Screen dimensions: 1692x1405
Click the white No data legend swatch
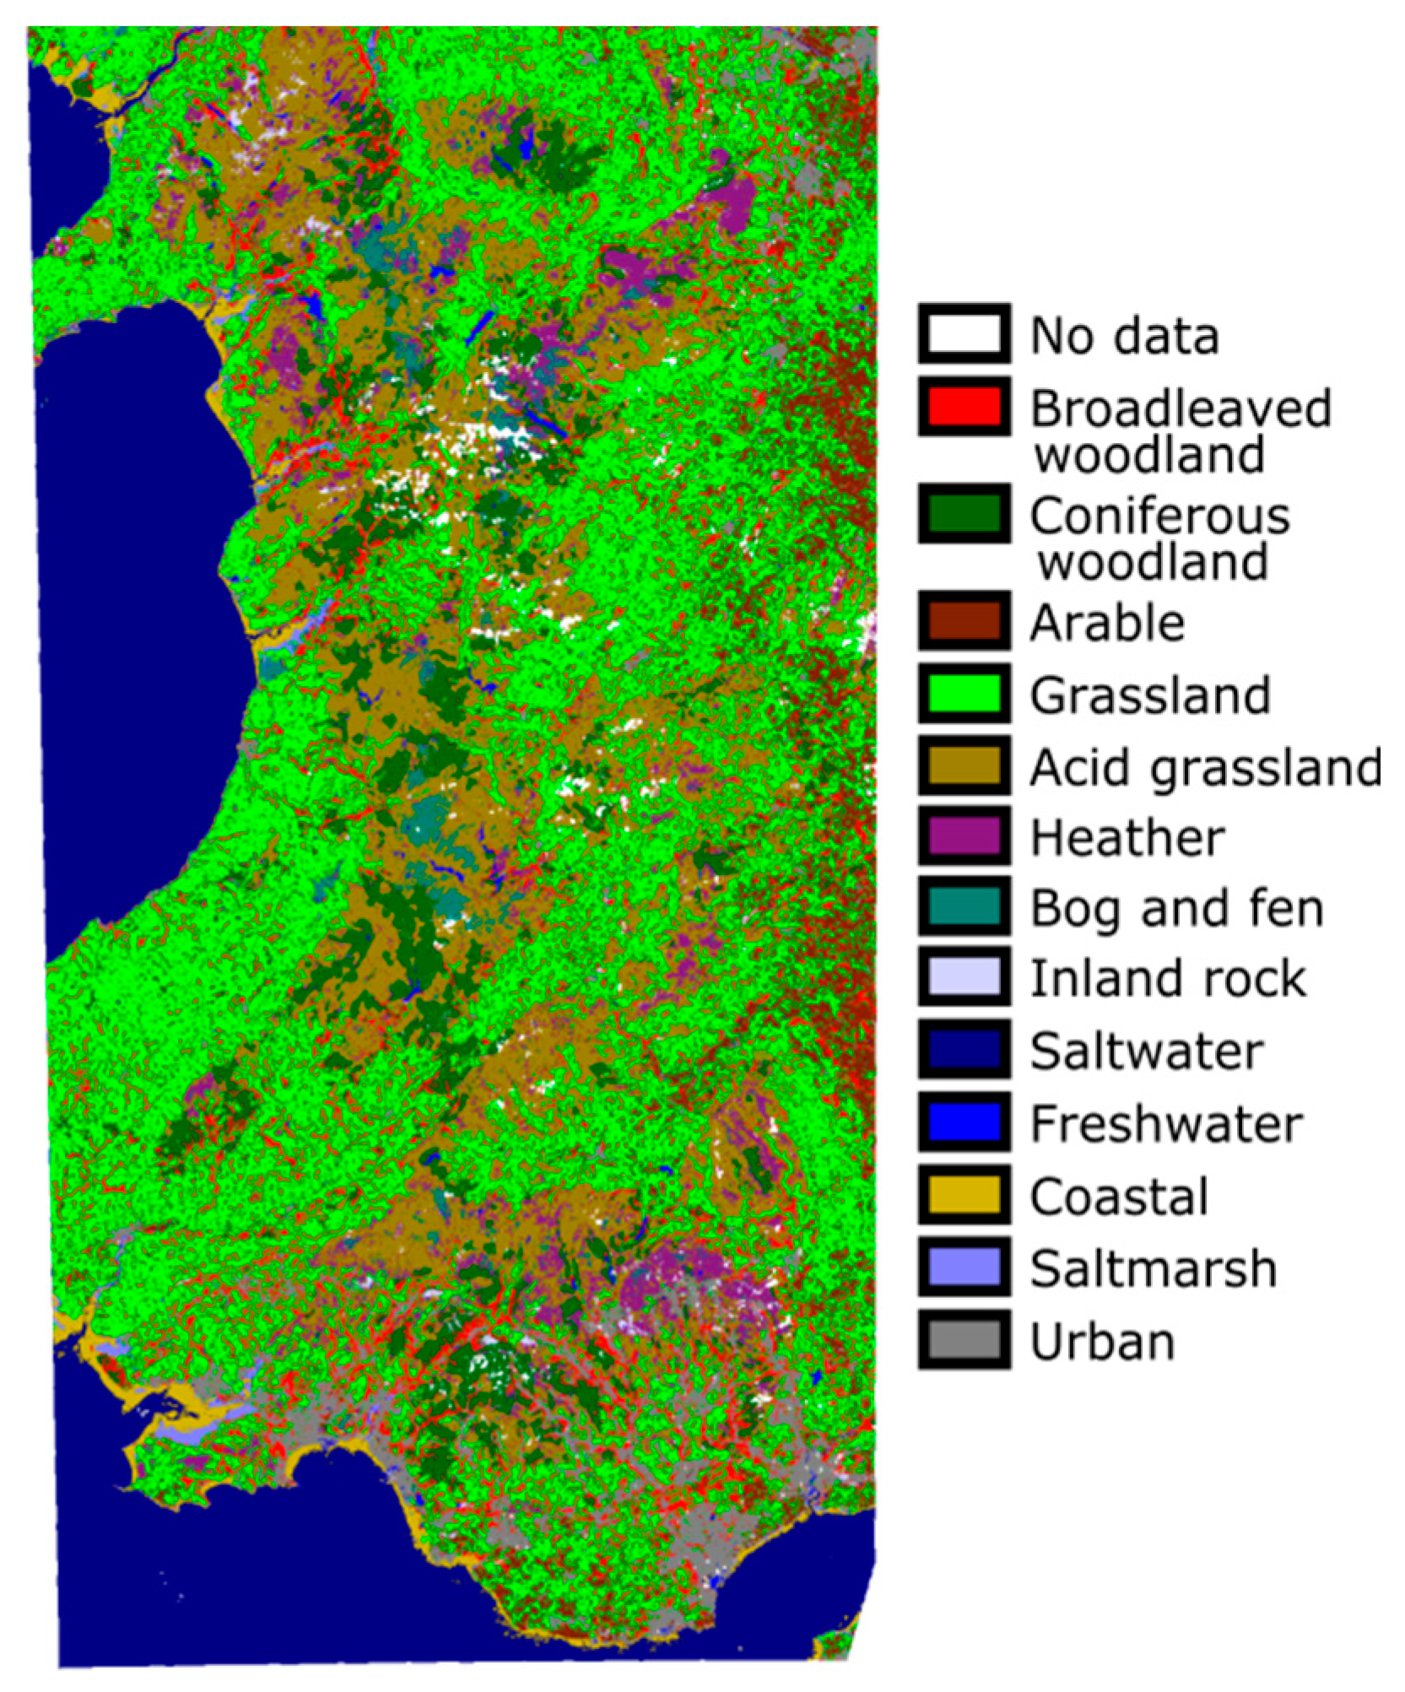pyautogui.click(x=964, y=334)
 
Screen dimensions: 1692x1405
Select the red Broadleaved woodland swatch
pyautogui.click(x=964, y=407)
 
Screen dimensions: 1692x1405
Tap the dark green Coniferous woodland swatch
pyautogui.click(x=964, y=514)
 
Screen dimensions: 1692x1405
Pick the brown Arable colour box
pyautogui.click(x=964, y=621)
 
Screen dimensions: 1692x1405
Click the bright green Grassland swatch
pyautogui.click(x=964, y=694)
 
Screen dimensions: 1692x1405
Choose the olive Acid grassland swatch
pyautogui.click(x=964, y=765)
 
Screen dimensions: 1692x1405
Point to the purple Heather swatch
pyautogui.click(x=964, y=836)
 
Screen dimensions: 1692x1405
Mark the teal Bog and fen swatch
pyautogui.click(x=964, y=907)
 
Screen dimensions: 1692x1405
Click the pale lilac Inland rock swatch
pyautogui.click(x=964, y=978)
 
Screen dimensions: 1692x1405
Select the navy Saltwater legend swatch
pyautogui.click(x=964, y=1050)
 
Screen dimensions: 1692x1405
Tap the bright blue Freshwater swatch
pyautogui.click(x=964, y=1122)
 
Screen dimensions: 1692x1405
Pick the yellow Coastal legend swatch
pyautogui.click(x=964, y=1195)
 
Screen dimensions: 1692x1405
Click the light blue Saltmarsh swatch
pyautogui.click(x=964, y=1267)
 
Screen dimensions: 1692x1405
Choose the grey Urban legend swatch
pyautogui.click(x=964, y=1339)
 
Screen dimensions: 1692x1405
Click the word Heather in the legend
pyautogui.click(x=1127, y=838)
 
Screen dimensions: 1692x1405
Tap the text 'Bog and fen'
pyautogui.click(x=1176, y=909)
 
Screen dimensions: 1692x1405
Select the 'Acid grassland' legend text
pyautogui.click(x=1205, y=768)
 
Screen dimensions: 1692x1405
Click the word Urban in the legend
pyautogui.click(x=1102, y=1341)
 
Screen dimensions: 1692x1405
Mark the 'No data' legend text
pyautogui.click(x=1124, y=336)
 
